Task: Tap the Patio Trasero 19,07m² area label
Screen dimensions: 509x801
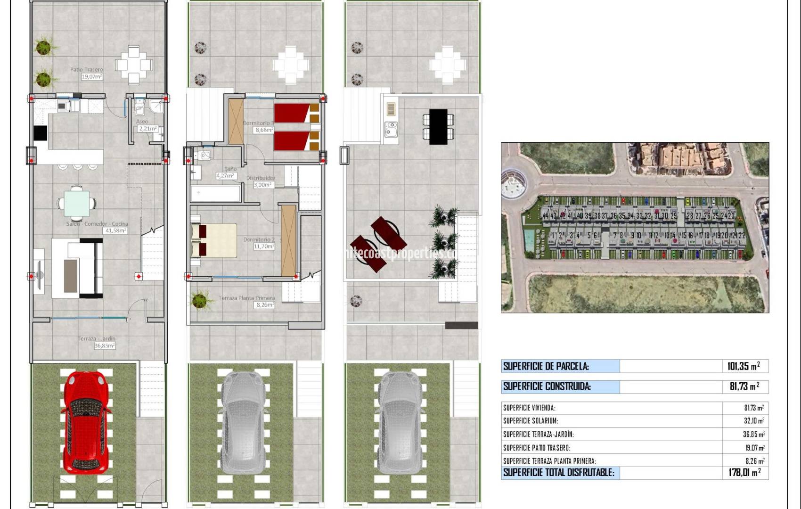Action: pyautogui.click(x=88, y=73)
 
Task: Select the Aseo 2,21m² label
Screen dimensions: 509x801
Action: pyautogui.click(x=146, y=125)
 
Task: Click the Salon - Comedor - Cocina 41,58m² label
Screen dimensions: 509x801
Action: pyautogui.click(x=97, y=227)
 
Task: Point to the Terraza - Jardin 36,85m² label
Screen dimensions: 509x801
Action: pyautogui.click(x=98, y=342)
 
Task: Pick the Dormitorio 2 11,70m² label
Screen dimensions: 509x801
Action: pyautogui.click(x=259, y=243)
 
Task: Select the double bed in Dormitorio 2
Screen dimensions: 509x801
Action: pyautogui.click(x=214, y=240)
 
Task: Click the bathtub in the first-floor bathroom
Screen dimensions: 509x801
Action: pyautogui.click(x=215, y=194)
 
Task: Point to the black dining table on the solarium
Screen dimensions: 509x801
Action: pyautogui.click(x=438, y=126)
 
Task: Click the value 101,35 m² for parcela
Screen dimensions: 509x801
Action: pyautogui.click(x=743, y=366)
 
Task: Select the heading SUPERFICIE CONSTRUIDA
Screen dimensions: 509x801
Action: pyautogui.click(x=547, y=387)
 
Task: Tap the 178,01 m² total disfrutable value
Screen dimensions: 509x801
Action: pyautogui.click(x=744, y=472)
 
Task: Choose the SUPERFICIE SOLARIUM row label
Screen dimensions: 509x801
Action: pyautogui.click(x=531, y=421)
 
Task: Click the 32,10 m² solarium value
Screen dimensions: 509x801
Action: pyautogui.click(x=754, y=421)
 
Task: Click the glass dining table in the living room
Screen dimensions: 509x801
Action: pyautogui.click(x=77, y=203)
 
